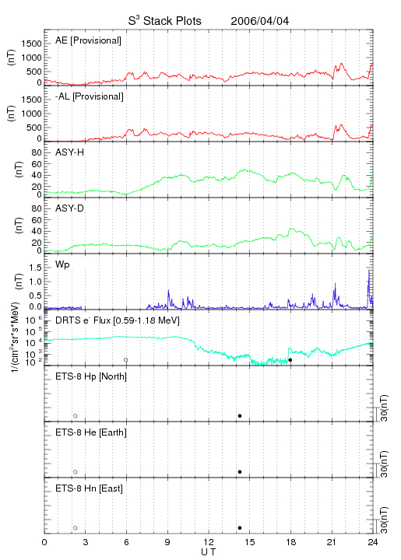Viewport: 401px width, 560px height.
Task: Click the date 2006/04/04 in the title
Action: point(260,21)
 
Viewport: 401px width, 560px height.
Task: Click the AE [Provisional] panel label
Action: point(88,40)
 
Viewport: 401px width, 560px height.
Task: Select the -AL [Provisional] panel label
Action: point(90,96)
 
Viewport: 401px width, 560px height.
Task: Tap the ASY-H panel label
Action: point(70,152)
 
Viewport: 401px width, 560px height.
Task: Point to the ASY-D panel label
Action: point(70,208)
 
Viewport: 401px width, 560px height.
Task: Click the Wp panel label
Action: point(62,264)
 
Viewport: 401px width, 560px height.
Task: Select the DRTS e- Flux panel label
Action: point(118,320)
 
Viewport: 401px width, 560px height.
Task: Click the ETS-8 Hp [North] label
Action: point(91,376)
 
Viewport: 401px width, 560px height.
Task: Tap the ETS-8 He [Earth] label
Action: point(91,432)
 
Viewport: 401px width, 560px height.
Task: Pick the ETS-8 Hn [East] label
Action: point(89,488)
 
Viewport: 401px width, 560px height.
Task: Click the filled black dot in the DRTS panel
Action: point(290,360)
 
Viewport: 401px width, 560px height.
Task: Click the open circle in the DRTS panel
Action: point(126,360)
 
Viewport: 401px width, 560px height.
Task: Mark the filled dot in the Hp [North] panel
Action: point(240,415)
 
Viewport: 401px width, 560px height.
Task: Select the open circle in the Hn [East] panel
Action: point(76,528)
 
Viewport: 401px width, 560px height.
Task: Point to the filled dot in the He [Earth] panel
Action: point(240,472)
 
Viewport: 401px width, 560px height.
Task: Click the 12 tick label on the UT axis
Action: point(209,542)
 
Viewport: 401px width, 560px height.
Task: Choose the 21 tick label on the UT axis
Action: point(332,542)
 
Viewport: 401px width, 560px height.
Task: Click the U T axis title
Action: point(209,552)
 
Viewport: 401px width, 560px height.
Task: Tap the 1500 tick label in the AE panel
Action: point(31,44)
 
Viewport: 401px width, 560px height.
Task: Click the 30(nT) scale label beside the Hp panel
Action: point(384,408)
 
